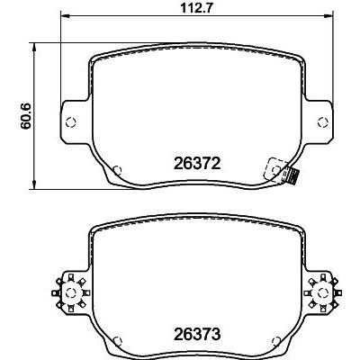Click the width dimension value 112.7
point(182,10)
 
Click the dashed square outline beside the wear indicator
point(269,169)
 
